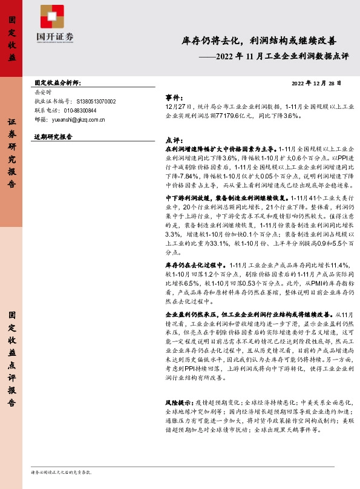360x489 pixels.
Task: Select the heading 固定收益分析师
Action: click(57, 83)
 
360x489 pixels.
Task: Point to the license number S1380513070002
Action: click(96, 102)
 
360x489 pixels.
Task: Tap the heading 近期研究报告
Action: click(53, 137)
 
